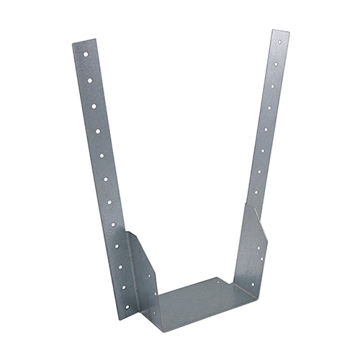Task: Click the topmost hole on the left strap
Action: (84, 54)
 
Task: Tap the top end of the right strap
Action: (281, 32)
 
